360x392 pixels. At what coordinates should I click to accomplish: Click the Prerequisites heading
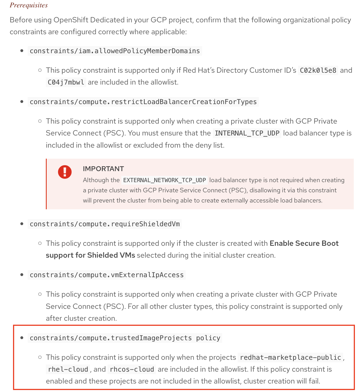pos(29,5)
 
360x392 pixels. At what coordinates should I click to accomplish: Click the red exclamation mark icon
pos(65,172)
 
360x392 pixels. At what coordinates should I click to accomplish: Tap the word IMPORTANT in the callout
pos(103,169)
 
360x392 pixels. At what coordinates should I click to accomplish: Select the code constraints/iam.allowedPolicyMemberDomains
pos(115,51)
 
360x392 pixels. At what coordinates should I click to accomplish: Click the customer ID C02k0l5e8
pos(318,70)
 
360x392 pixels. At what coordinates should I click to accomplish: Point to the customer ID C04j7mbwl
pos(66,82)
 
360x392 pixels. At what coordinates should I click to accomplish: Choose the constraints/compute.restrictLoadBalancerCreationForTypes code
pos(143,102)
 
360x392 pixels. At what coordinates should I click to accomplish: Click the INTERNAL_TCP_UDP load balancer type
pos(247,133)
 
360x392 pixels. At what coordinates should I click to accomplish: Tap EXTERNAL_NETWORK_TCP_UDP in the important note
pos(164,180)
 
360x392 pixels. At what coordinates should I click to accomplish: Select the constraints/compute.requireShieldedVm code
pos(105,224)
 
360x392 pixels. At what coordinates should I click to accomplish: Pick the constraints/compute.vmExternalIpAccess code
pos(107,275)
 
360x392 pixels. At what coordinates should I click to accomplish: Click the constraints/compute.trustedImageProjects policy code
pos(125,338)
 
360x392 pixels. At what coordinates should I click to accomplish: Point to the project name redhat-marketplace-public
pos(290,357)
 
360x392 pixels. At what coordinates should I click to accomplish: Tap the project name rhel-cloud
pos(68,369)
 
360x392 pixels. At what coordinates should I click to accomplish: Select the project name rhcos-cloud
pos(132,369)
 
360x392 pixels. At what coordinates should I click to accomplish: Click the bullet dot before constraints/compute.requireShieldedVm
pos(22,224)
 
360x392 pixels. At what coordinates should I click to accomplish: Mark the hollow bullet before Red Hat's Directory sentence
pos(40,70)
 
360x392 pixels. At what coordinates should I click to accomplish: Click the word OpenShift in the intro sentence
pos(69,20)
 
